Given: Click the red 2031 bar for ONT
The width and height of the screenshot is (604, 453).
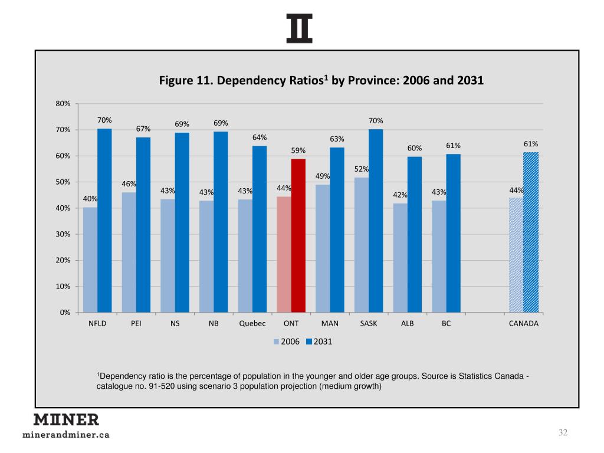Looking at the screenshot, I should coord(298,235).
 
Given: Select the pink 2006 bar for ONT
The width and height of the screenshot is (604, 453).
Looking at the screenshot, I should coord(284,254).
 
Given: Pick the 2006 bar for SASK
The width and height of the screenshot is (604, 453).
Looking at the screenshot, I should coord(361,245).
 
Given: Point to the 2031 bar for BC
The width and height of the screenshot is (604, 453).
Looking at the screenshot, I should coord(453,233).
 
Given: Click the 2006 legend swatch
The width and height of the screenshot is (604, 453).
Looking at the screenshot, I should coord(276,342).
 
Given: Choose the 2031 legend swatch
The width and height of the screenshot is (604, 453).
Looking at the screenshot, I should coord(309,342).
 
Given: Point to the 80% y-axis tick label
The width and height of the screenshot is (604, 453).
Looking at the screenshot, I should coord(63,104).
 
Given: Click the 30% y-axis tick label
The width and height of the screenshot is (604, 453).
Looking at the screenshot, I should coord(63,234).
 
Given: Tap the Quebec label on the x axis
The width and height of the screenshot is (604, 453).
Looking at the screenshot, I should coord(252,324).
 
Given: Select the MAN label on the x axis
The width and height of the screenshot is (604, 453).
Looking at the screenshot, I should coord(330,324).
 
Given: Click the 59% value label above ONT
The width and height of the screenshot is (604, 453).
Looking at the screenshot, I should coord(298,151).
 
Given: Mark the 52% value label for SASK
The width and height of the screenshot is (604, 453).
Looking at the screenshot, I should coord(362,169).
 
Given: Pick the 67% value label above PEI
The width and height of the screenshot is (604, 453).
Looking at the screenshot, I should coord(143,129).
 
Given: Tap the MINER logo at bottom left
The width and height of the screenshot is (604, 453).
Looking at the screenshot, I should coord(65,419).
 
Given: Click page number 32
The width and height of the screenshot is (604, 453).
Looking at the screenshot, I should coord(563,434).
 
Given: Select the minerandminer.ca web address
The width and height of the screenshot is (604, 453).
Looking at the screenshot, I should coord(65,435).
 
